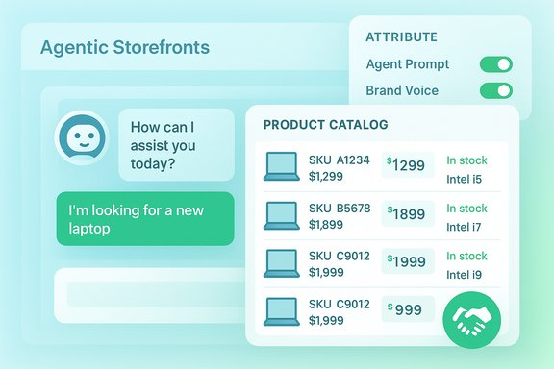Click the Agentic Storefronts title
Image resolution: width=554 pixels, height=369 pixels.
point(124,47)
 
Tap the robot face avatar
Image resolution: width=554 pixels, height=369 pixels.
point(81,137)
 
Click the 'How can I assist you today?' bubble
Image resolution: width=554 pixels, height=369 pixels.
point(176,145)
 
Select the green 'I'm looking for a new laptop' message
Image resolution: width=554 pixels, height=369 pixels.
point(144,219)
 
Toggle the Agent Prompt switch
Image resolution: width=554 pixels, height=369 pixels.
point(495,65)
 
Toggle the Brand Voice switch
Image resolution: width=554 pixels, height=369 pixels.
point(495,91)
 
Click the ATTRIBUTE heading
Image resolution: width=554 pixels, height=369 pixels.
point(401,37)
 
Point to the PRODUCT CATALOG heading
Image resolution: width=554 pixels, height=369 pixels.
point(325,125)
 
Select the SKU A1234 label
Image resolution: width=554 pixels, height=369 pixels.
point(339,160)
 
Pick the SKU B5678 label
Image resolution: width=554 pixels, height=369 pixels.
point(339,208)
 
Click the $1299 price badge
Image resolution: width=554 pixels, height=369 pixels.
point(407,165)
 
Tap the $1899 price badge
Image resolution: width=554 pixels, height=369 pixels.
point(407,213)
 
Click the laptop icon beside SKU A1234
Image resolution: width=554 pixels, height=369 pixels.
point(282,166)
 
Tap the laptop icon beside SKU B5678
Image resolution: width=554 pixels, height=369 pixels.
point(282,214)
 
